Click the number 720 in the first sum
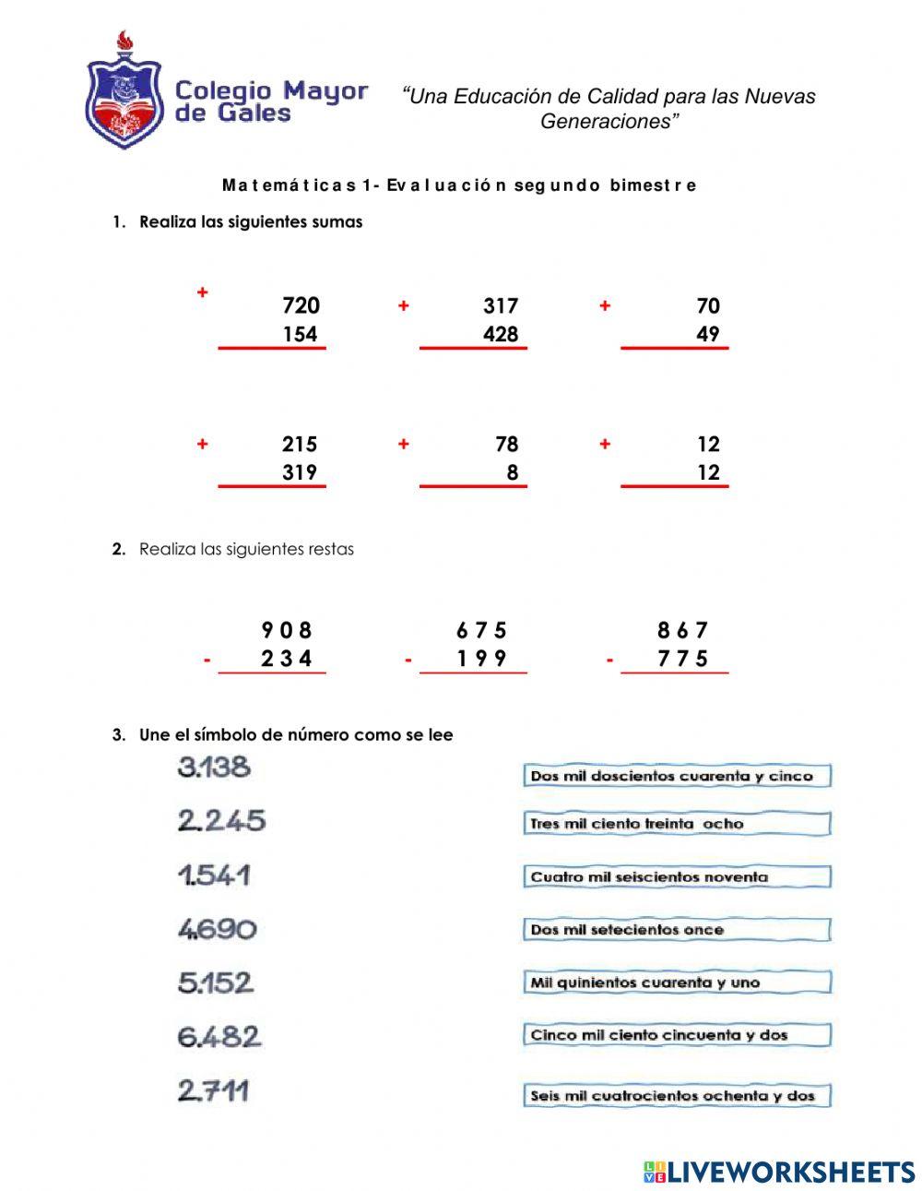pos(301,305)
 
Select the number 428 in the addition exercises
pos(501,334)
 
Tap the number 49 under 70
pos(707,334)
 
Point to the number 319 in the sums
pos(300,472)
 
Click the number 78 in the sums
pos(506,445)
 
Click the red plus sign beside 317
pos(403,306)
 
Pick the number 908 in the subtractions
pos(287,630)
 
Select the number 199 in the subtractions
pos(481,659)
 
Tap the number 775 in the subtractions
pos(682,659)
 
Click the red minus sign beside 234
pos(207,661)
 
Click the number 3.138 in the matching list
pos(214,768)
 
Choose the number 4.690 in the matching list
pos(217,928)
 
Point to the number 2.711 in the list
pos(213,1091)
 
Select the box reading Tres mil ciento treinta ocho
pos(676,824)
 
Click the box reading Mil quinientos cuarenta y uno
pos(676,983)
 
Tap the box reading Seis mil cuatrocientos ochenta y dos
pos(676,1096)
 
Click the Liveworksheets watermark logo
pos(779,1172)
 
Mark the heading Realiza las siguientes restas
pos(246,549)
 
